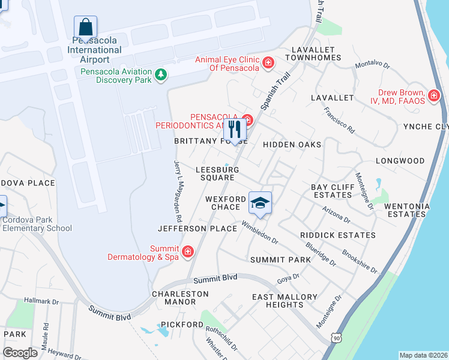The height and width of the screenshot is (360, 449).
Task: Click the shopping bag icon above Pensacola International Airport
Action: [x=85, y=27]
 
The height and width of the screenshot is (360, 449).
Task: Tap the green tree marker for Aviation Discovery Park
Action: [x=160, y=74]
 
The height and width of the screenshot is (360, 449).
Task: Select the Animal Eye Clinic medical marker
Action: [x=268, y=62]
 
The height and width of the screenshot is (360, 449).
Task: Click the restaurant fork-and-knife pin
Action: [x=235, y=129]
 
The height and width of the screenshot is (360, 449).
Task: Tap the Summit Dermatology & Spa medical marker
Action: [x=188, y=251]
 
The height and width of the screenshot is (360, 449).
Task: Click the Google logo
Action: [x=20, y=353]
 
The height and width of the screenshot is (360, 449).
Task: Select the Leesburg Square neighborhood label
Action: [x=217, y=173]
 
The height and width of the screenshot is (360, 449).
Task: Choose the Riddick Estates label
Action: [x=338, y=235]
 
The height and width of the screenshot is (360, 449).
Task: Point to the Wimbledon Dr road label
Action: [x=260, y=232]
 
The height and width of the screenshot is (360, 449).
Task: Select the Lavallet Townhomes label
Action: [x=315, y=53]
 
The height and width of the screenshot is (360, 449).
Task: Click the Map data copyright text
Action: [x=423, y=355]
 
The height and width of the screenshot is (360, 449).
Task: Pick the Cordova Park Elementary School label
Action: [x=37, y=224]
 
